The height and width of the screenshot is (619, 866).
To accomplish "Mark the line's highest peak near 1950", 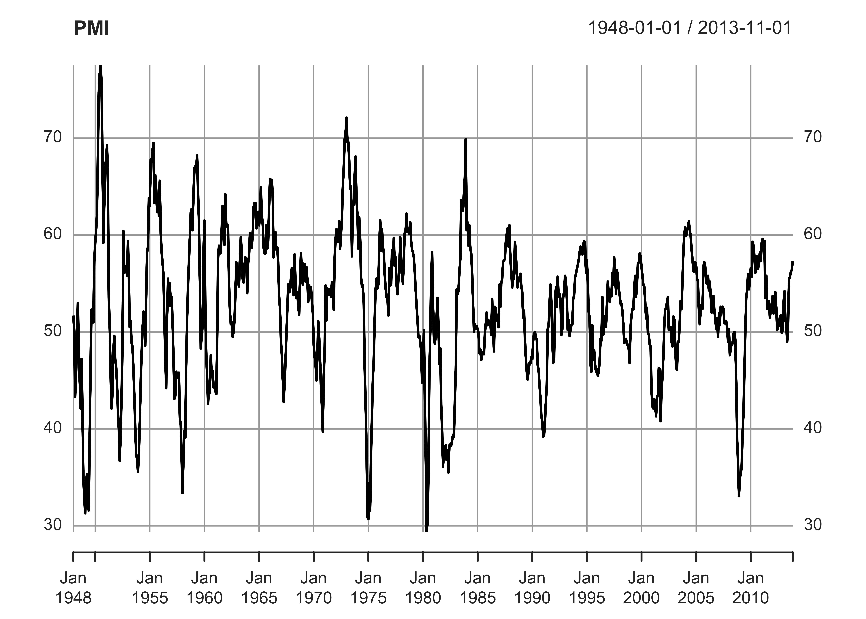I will click(101, 67).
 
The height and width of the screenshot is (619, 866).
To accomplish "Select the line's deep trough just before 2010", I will click(739, 496).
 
